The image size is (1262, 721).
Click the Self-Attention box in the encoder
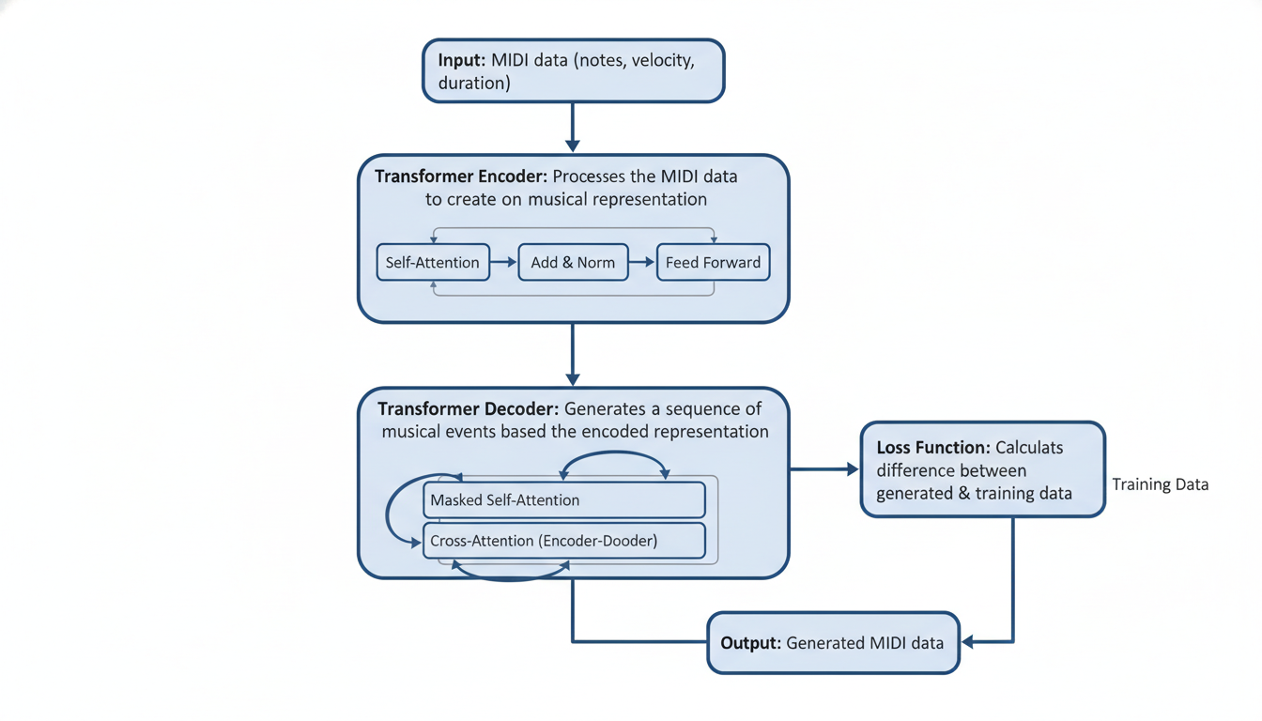(x=433, y=263)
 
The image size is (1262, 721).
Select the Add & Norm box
(x=573, y=263)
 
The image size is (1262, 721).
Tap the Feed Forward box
(x=713, y=263)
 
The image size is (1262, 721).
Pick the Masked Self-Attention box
(x=563, y=500)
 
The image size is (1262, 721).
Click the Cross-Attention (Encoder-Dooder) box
(x=563, y=541)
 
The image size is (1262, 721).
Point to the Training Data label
(x=1160, y=485)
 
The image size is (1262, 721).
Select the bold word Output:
(x=750, y=643)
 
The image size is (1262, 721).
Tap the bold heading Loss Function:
(x=932, y=448)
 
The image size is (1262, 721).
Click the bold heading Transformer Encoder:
(x=460, y=176)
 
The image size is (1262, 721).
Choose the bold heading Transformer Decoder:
(x=468, y=409)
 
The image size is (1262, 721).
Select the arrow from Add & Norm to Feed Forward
(x=642, y=263)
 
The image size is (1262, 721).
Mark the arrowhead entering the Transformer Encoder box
(x=573, y=146)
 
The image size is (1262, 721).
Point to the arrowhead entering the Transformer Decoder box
(x=573, y=378)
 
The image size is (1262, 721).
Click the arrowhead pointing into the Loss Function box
(x=853, y=469)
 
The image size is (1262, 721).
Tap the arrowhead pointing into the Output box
(x=968, y=642)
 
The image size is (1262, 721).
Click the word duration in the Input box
(x=474, y=83)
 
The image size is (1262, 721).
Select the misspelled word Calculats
(x=1029, y=448)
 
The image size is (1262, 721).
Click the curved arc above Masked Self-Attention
(x=614, y=454)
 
